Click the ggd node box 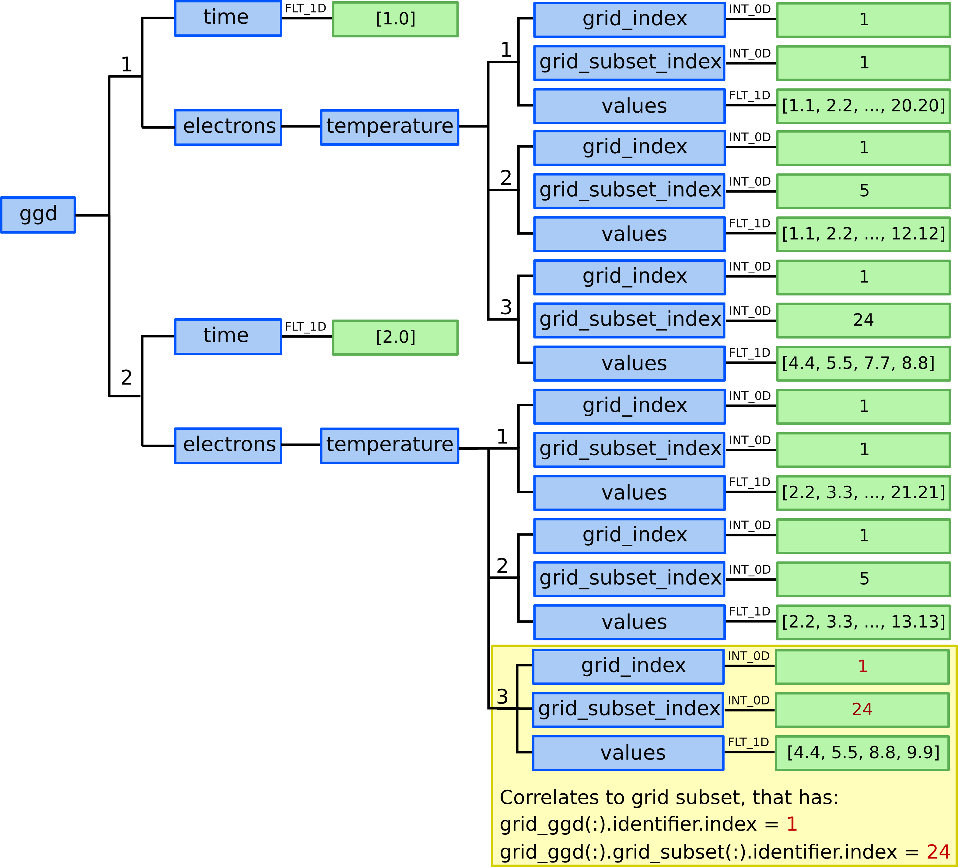[38, 215]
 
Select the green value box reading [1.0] [395, 19]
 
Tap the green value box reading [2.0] [395, 337]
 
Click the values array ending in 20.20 [863, 106]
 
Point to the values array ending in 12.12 [863, 234]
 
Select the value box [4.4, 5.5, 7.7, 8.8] [863, 363]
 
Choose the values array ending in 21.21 [863, 493]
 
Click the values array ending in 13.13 [863, 622]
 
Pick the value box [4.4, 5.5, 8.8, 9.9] [862, 753]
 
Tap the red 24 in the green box [862, 709]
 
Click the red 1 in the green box [862, 666]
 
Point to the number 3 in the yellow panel [502, 697]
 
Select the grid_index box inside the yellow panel [628, 666]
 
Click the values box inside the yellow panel [628, 753]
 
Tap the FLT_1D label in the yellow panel [748, 742]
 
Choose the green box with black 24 [863, 320]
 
